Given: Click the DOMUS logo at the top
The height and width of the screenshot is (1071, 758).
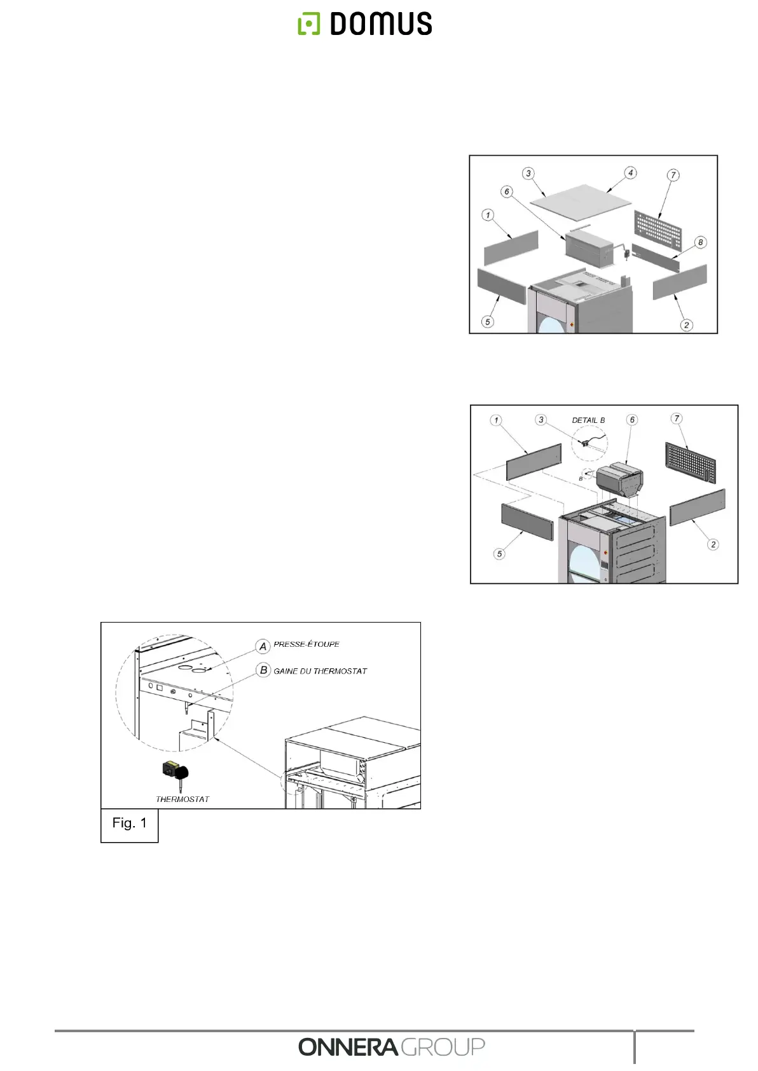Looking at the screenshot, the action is point(365,24).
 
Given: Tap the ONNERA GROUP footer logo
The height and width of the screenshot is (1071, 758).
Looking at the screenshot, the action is point(391,1046).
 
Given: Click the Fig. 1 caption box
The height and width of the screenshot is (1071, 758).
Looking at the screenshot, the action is point(129,824).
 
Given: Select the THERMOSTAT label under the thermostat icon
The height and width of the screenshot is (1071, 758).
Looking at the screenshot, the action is point(183,799).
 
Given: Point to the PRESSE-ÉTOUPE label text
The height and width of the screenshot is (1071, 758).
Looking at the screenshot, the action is point(307,644).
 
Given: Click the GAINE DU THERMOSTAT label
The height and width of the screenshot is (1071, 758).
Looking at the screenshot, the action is point(320,671).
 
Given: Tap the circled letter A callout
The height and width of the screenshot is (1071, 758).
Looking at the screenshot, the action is point(263,646).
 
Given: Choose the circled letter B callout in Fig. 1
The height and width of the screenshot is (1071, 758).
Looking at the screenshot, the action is point(263,670).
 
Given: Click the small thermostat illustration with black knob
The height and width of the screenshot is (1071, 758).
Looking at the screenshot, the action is point(176,773).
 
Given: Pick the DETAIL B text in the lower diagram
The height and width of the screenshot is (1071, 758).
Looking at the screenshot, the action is point(588,420).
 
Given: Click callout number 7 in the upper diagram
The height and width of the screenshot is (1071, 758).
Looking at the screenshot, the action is point(673,175).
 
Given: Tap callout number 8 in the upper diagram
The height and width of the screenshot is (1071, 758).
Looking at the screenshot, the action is point(700,242).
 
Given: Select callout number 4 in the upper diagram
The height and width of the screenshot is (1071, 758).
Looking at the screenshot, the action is point(630,173).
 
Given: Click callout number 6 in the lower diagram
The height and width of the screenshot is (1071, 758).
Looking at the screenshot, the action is point(632,420).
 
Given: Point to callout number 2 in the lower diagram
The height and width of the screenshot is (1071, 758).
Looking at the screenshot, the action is point(713,544).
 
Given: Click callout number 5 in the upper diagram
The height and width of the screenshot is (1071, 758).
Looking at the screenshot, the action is point(488,321).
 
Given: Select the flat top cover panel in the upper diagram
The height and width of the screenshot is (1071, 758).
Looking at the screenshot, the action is point(580,202).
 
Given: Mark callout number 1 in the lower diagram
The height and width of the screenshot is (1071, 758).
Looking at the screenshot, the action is point(496,420).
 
